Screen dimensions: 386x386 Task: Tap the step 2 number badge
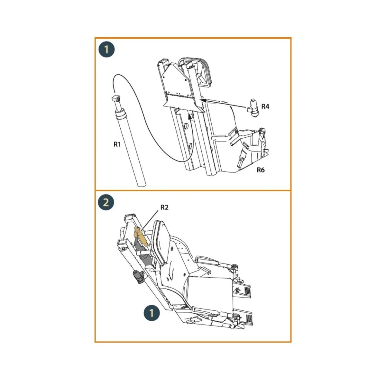106,203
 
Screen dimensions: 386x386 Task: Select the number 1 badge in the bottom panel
151,313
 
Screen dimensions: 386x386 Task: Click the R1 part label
117,144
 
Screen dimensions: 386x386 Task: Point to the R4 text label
265,106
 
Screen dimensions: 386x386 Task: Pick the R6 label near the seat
260,170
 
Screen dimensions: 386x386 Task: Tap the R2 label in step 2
164,207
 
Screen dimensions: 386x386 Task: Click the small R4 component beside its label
253,108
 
